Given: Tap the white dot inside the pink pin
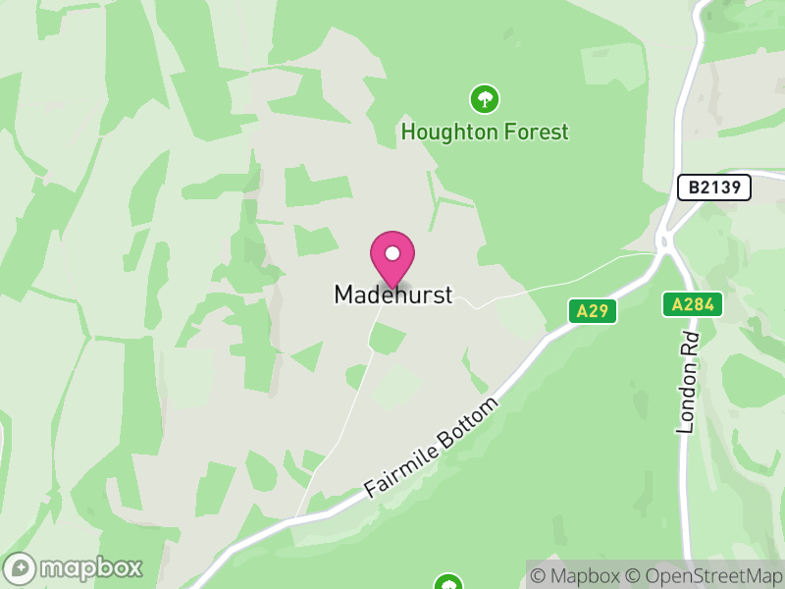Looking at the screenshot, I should pyautogui.click(x=392, y=253).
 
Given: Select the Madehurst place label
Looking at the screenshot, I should pyautogui.click(x=393, y=294).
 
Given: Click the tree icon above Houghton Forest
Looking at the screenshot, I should pyautogui.click(x=484, y=98).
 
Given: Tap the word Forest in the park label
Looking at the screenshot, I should pyautogui.click(x=537, y=132).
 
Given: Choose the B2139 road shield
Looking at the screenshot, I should pyautogui.click(x=714, y=187).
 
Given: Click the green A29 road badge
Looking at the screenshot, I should pyautogui.click(x=593, y=311).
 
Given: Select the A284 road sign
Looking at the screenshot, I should pyautogui.click(x=692, y=304).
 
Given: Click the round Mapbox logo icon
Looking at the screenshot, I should pyautogui.click(x=21, y=568).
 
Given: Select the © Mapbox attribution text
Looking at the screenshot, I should pyautogui.click(x=579, y=575).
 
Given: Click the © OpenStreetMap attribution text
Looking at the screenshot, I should pyautogui.click(x=705, y=575).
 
